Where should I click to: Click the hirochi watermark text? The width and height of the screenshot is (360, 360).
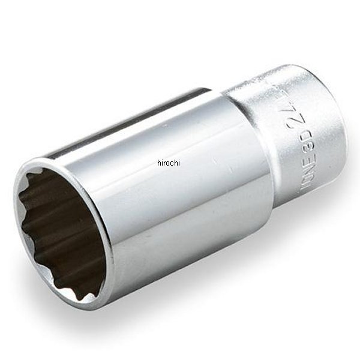(169, 162)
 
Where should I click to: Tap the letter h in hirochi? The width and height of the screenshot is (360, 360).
(159, 162)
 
